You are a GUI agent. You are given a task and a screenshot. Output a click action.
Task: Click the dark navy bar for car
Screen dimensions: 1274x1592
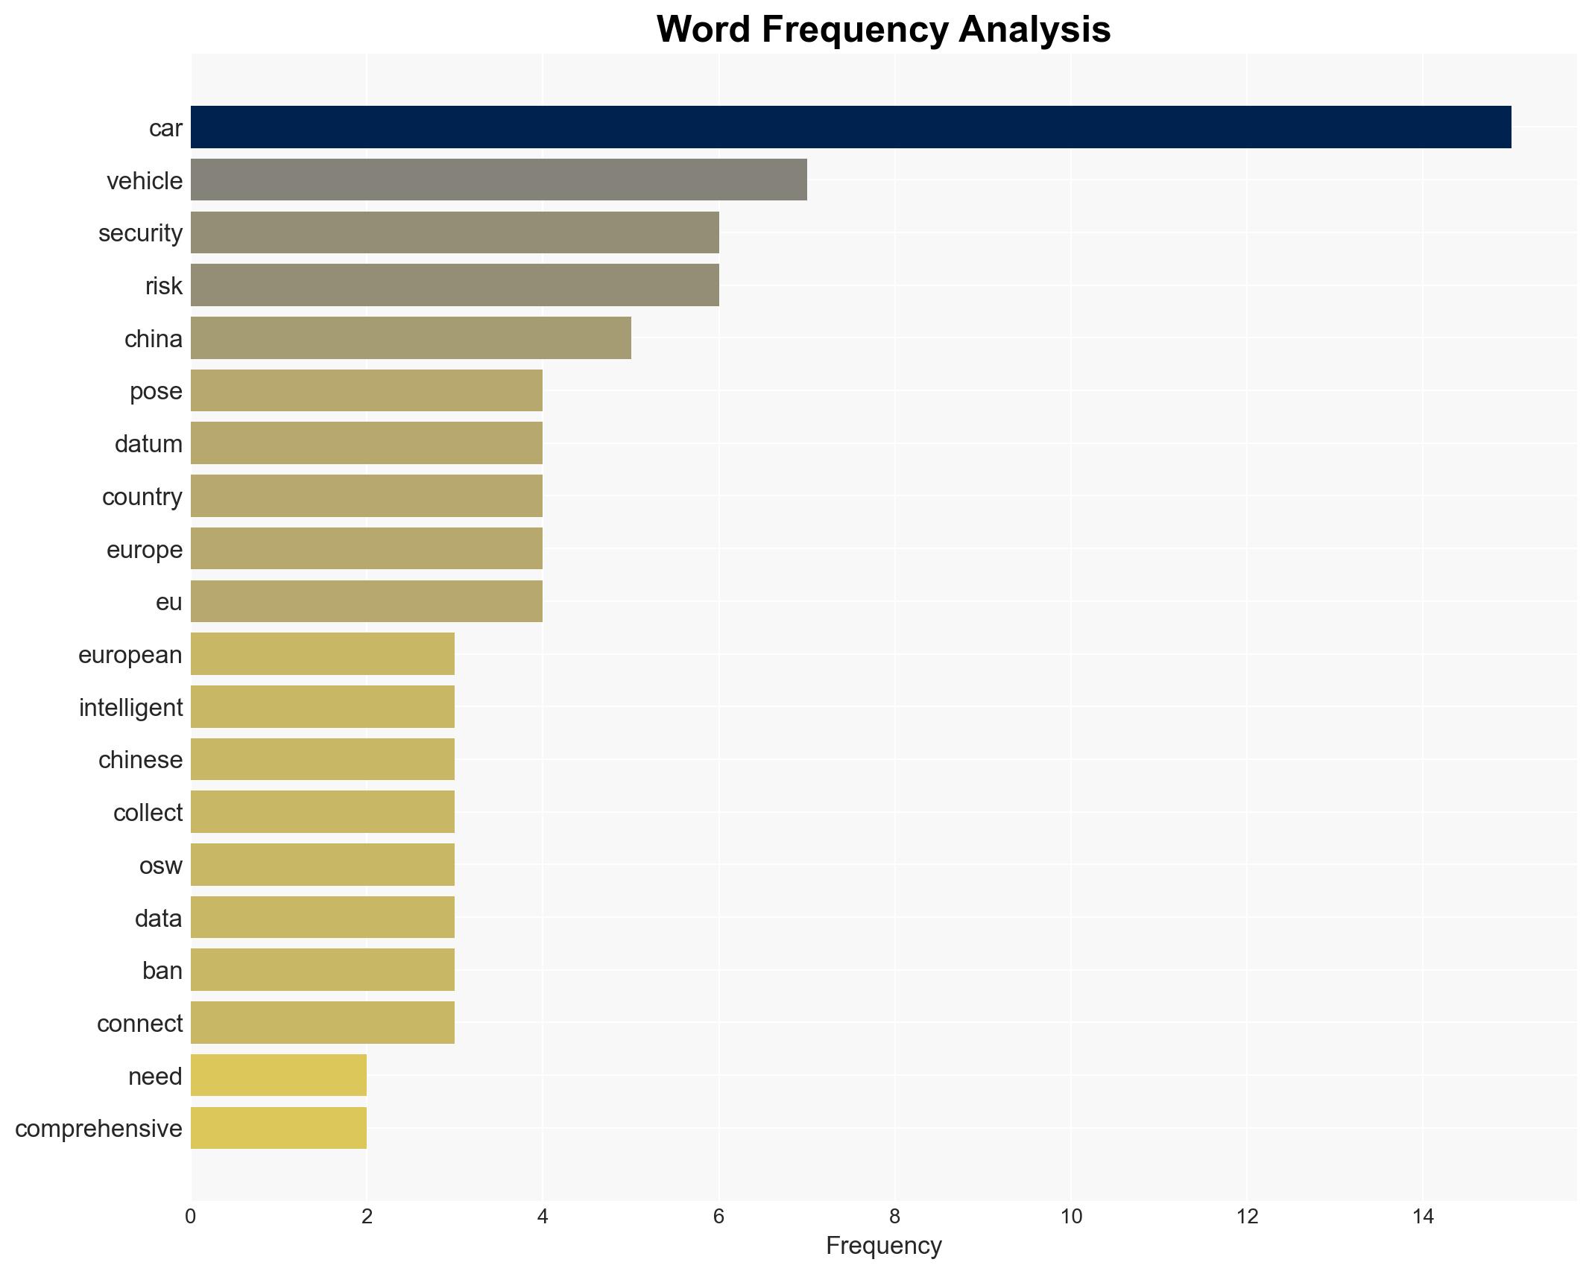coord(850,127)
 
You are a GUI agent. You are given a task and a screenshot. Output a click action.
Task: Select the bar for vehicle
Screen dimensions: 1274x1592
coord(498,180)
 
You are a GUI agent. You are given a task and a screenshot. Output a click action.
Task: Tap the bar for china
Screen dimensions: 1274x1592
coord(410,338)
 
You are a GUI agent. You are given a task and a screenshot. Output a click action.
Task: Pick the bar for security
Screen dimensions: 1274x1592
coord(454,232)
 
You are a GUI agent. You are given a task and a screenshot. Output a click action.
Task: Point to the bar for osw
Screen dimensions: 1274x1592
coord(322,865)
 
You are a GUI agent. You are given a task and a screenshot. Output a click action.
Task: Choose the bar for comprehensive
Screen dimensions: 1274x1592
coord(278,1128)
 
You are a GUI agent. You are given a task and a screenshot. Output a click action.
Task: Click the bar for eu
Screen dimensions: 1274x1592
coord(366,601)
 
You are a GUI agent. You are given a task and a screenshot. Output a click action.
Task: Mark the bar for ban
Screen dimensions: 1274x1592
coord(322,970)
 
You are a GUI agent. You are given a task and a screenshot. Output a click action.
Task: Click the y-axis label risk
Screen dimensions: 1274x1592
coord(163,286)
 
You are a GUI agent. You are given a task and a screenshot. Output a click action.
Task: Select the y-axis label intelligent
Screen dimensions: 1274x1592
coord(130,708)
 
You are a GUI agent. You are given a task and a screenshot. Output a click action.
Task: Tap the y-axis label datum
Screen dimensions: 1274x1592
coord(148,444)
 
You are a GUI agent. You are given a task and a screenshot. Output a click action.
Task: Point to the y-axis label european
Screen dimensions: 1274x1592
coord(130,655)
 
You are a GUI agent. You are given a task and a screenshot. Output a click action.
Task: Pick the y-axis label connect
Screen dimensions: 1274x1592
coord(139,1024)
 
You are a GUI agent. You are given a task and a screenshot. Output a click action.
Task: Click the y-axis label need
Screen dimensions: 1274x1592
coord(154,1077)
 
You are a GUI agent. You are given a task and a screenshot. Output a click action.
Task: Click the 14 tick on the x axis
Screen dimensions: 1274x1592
coord(1423,1217)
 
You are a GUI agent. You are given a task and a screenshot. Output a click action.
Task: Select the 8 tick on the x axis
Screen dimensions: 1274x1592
coord(894,1217)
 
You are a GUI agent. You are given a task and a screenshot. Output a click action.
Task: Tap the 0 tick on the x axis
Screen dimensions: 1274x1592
coord(191,1217)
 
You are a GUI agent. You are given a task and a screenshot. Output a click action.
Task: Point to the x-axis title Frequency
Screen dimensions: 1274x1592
coord(883,1246)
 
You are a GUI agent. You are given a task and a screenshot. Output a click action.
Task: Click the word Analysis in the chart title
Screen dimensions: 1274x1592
coord(1035,30)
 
